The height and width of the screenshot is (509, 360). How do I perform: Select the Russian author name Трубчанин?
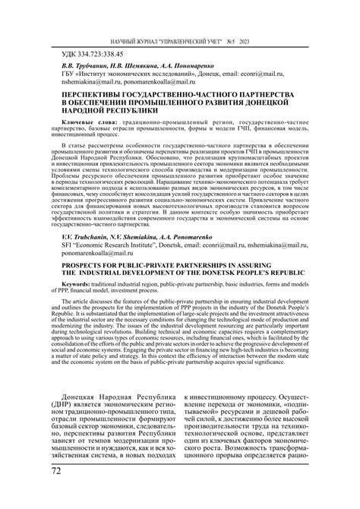click(79, 67)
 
